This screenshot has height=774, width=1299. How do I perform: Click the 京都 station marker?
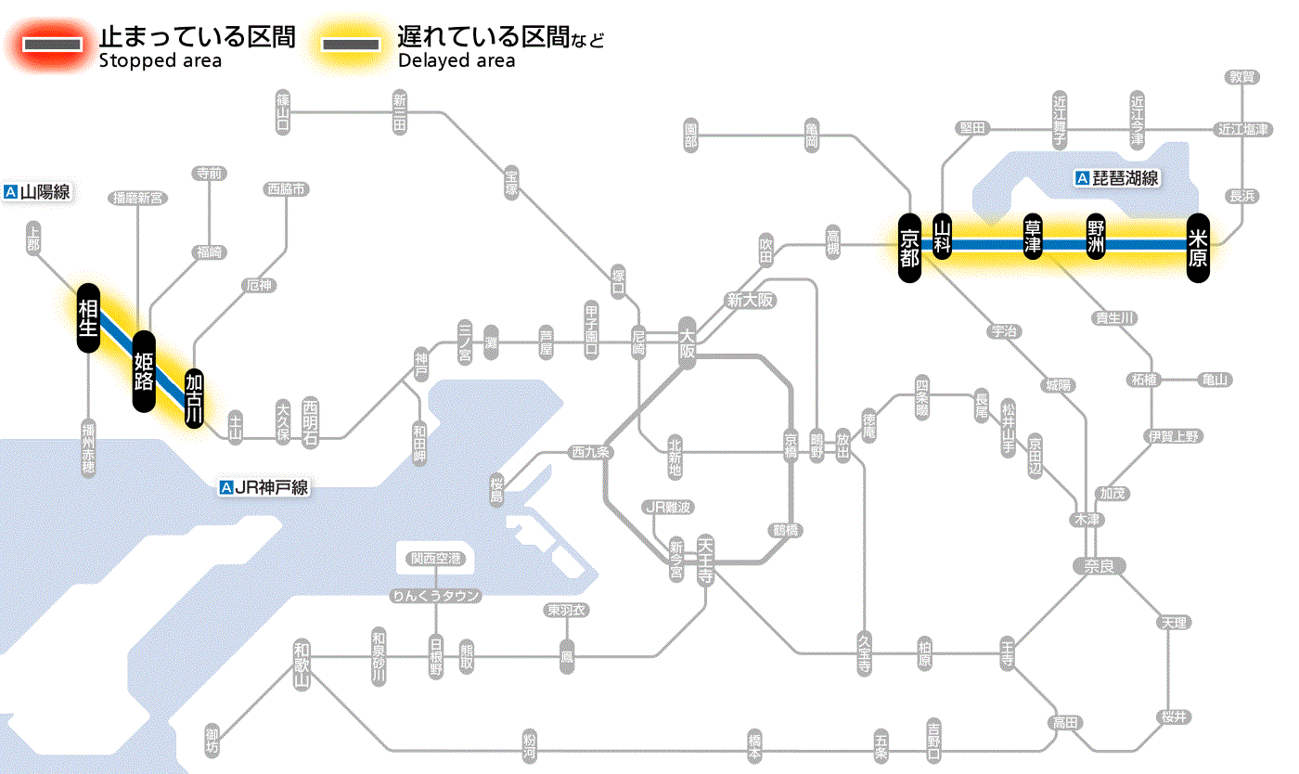909,247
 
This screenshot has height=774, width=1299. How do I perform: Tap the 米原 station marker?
1198,247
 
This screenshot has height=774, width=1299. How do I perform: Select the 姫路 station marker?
144,370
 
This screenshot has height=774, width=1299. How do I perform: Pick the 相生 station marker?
88,317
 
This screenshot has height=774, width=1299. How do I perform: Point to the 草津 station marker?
1034,237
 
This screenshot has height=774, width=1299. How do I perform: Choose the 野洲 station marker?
1097,237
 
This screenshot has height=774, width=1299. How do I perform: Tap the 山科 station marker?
943,237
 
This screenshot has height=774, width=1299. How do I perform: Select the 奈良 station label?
1098,565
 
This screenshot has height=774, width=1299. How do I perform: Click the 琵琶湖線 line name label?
1117,178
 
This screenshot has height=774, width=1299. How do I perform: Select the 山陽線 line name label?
38,192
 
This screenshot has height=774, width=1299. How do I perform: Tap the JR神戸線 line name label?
264,487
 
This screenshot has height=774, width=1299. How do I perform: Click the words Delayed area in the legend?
456,60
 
